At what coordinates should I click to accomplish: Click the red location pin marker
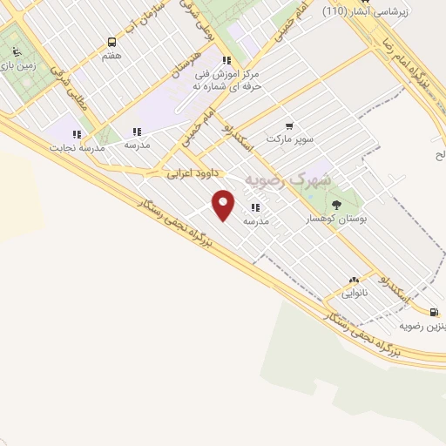coord(224,205)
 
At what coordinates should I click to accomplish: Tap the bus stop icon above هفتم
coord(111,42)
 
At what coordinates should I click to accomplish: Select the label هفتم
coord(111,55)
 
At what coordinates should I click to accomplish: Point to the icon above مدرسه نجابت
coord(77,134)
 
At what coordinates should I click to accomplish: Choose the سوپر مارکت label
coord(289,139)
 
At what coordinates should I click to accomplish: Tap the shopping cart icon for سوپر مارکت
coord(289,125)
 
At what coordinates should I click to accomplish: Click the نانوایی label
coord(354,293)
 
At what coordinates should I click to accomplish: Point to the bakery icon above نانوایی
coord(354,280)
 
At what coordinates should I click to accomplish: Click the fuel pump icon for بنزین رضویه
coord(433,312)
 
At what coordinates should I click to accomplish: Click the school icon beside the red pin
coord(255,207)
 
